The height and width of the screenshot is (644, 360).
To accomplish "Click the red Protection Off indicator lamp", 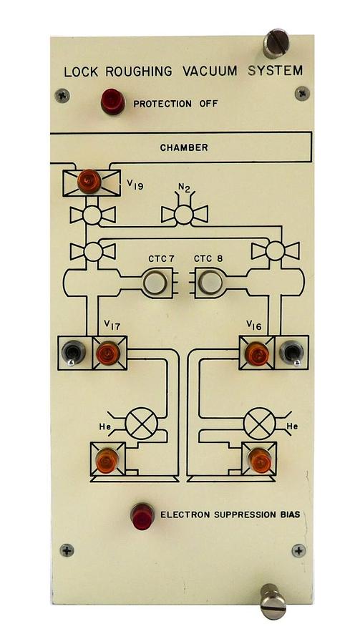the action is (112, 102).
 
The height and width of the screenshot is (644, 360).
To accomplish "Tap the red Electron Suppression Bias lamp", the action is (142, 515).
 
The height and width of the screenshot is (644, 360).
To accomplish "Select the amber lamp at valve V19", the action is (89, 181).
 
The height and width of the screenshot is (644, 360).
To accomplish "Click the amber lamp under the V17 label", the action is (107, 353).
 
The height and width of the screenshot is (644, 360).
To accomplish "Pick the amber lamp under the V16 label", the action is (256, 353).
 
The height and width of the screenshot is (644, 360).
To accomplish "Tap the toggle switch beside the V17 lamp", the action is (73, 353).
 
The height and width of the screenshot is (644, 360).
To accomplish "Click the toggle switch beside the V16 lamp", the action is (291, 353).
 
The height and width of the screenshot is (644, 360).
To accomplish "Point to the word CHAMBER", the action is (184, 147).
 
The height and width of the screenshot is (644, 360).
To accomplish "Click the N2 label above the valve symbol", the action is (183, 188).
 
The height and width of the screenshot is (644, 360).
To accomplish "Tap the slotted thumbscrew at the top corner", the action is (276, 42).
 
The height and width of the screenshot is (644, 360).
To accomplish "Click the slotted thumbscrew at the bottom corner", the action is (273, 601).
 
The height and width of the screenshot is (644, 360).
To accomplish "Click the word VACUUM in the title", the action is (210, 71).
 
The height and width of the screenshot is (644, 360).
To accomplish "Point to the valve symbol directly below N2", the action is (184, 215).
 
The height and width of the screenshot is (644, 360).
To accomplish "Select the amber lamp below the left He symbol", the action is (107, 460).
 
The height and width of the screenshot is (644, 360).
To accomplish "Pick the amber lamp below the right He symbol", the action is (260, 460).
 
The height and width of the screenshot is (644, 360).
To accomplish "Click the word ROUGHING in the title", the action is (139, 71).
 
